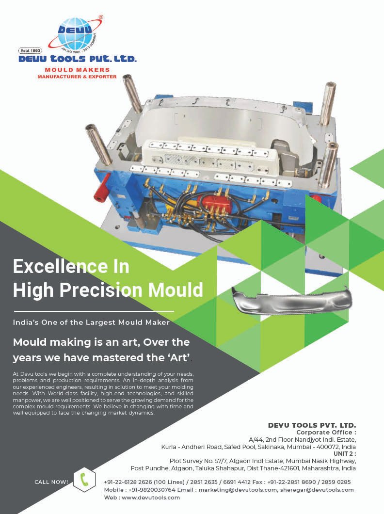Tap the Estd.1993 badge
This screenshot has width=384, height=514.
pos(31,50)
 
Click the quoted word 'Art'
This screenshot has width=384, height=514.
pos(176,358)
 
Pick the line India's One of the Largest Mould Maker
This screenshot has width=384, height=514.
pos(92,321)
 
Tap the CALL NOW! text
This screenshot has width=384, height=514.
pos(51,482)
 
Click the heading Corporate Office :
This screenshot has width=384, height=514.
pos(326,432)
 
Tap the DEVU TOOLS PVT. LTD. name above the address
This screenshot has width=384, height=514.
pos(312,425)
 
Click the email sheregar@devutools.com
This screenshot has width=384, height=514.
pos(317,490)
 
